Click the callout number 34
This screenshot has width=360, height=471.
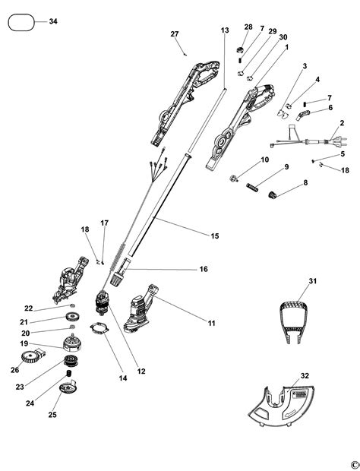point(52,21)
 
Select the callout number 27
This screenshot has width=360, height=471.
point(174,34)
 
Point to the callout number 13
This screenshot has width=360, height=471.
point(224,30)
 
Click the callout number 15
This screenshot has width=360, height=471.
point(215,236)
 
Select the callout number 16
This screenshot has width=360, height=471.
point(204,269)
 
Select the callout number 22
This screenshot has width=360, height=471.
point(28,308)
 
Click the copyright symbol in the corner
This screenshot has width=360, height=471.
point(353,463)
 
